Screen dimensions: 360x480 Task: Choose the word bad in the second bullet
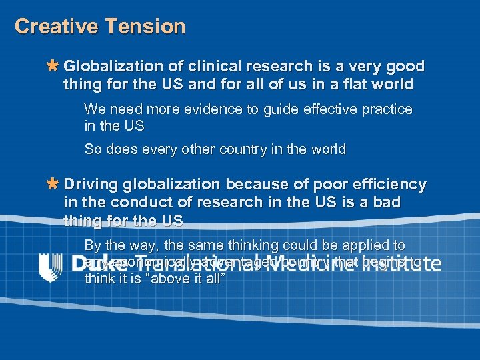(x=385, y=202)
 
